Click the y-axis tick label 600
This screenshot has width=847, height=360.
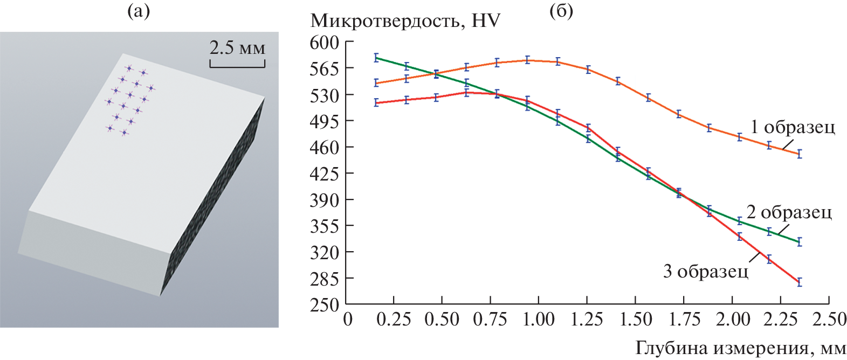pyautogui.click(x=324, y=42)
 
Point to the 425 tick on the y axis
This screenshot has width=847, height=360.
pyautogui.click(x=324, y=174)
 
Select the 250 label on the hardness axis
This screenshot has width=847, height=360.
pyautogui.click(x=324, y=304)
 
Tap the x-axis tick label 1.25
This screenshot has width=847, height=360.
pyautogui.click(x=587, y=319)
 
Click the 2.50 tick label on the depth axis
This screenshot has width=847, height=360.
pyautogui.click(x=829, y=319)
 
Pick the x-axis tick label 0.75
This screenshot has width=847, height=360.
pyautogui.click(x=490, y=319)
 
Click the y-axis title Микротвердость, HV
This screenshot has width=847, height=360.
pyautogui.click(x=405, y=21)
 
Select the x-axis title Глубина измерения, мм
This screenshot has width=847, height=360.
pyautogui.click(x=741, y=348)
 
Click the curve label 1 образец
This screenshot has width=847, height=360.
pyautogui.click(x=793, y=127)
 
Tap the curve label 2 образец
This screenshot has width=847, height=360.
pyautogui.click(x=789, y=212)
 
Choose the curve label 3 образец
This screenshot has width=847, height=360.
pyautogui.click(x=705, y=271)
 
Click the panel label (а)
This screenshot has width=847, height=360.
pyautogui.click(x=138, y=11)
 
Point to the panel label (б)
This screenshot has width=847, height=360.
pyautogui.click(x=561, y=11)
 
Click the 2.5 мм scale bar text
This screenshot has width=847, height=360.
pyautogui.click(x=237, y=48)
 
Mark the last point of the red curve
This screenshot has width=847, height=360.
pyautogui.click(x=800, y=282)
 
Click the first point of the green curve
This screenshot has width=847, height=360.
pyautogui.click(x=376, y=58)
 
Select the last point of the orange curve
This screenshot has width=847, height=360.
pyautogui.click(x=800, y=154)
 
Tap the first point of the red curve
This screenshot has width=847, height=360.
pyautogui.click(x=376, y=103)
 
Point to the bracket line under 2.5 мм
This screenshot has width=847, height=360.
pyautogui.click(x=237, y=66)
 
